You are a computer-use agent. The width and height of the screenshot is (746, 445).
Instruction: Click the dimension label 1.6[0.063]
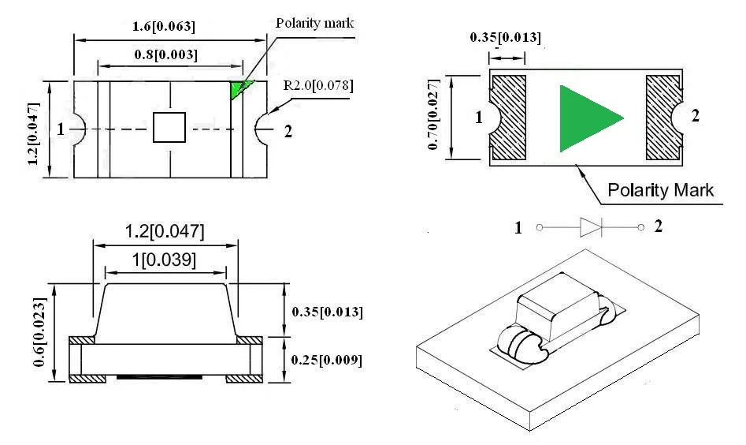164,27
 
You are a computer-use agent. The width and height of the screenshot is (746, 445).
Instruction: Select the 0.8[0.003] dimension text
165,54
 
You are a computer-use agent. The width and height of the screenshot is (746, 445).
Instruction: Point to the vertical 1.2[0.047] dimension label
33,133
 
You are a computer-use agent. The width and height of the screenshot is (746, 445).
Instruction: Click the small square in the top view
169,127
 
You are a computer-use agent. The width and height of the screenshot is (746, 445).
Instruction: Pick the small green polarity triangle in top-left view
239,89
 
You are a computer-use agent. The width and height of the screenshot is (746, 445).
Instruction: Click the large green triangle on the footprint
588,118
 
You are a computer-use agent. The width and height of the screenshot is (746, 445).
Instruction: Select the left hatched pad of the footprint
509,117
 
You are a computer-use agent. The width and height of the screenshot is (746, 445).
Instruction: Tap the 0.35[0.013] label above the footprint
505,37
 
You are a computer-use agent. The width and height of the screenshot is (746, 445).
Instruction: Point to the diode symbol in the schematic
591,228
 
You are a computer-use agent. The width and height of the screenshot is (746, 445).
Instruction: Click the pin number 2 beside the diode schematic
659,226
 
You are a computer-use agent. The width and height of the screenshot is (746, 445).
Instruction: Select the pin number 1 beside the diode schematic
518,228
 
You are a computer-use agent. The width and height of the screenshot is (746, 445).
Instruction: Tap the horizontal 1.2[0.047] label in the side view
165,232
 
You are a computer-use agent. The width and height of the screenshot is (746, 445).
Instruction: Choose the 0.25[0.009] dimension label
328,361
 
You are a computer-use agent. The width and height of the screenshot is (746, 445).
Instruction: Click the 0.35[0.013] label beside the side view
328,312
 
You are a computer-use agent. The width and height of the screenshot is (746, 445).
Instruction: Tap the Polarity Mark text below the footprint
660,190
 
